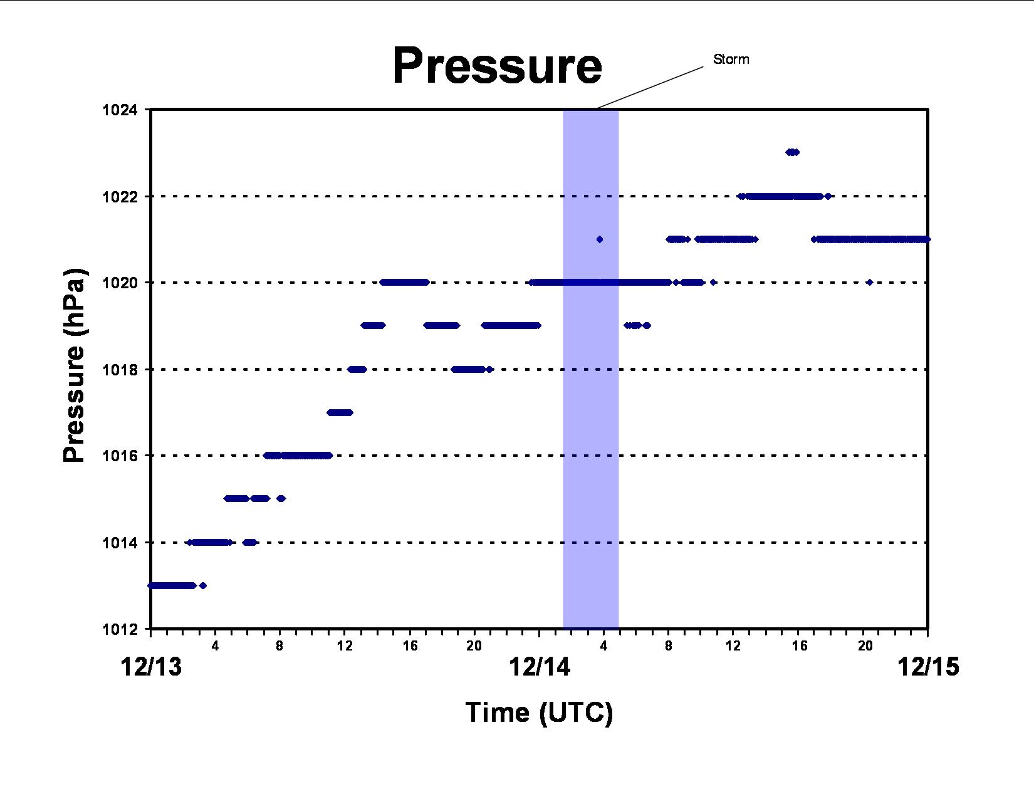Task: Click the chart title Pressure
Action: tap(497, 66)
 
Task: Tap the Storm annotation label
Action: tap(731, 60)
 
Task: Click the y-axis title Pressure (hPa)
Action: tap(75, 365)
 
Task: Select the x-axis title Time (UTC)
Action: tap(539, 713)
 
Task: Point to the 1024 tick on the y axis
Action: tap(120, 110)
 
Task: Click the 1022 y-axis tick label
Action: tap(120, 197)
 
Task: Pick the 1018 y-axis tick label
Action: tap(120, 370)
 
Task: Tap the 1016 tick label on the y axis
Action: tap(120, 456)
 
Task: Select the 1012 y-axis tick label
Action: tap(120, 629)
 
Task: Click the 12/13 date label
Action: tap(151, 667)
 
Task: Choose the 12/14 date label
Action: tap(540, 667)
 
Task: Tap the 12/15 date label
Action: tap(928, 667)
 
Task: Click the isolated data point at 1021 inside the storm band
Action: tap(600, 239)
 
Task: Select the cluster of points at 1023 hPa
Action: tap(792, 152)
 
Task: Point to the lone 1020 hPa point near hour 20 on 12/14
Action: tap(870, 282)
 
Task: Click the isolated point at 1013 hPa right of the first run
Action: tap(203, 585)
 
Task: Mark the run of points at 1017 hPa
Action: tap(340, 412)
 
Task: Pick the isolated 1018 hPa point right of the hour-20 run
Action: tap(489, 369)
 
